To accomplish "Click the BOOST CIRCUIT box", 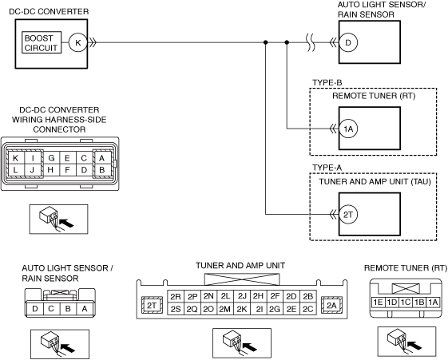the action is (x=42, y=42).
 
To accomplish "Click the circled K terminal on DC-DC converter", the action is (x=78, y=42).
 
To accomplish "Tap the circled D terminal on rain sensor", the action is (x=348, y=43).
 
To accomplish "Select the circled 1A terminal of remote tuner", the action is (x=348, y=129).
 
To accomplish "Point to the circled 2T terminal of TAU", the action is (x=348, y=215).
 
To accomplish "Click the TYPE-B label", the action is (x=327, y=83).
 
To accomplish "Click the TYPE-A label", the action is (x=327, y=168).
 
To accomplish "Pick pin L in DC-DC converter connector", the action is (x=16, y=171).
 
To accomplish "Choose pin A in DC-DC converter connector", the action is (x=101, y=158).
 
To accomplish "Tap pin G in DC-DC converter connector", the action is (x=51, y=158).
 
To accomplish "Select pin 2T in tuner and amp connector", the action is (x=152, y=305).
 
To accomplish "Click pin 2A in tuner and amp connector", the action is (x=331, y=305).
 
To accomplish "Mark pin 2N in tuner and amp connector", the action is (x=208, y=296).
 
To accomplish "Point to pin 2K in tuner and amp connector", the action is (x=242, y=309).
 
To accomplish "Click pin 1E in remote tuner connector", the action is (x=378, y=302).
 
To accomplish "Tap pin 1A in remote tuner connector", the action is (x=433, y=302).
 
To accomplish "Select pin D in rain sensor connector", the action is (x=35, y=309).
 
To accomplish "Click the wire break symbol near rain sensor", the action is (x=311, y=43).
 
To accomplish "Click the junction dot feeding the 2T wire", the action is (x=266, y=42).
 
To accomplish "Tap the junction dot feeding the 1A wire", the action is (x=287, y=42).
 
